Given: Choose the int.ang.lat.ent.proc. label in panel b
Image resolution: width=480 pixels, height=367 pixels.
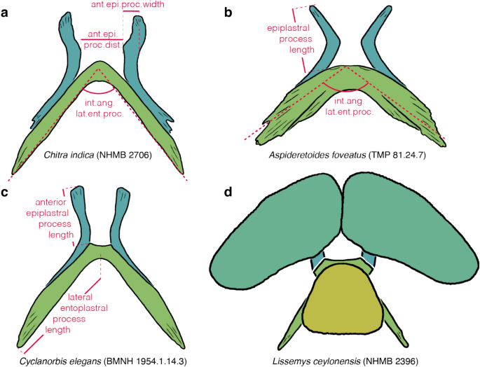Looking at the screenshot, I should [348, 105].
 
